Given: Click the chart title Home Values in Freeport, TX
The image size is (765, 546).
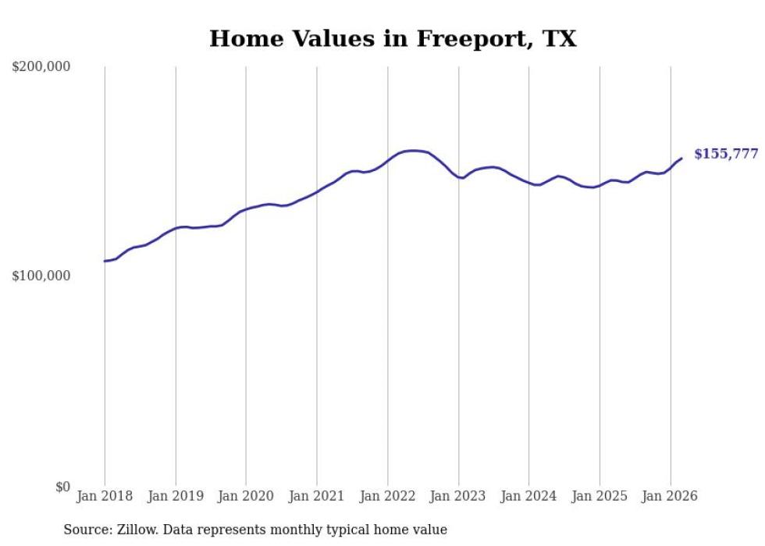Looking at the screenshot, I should click(393, 38).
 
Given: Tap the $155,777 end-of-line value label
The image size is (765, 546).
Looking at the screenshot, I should click(726, 154).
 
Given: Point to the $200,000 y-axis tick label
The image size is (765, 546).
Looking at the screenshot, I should click(41, 67).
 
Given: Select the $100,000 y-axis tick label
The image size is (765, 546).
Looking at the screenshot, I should click(41, 277).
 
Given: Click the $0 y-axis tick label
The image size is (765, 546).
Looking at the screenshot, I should click(62, 487).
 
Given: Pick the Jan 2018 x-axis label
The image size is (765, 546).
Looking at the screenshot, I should click(105, 496).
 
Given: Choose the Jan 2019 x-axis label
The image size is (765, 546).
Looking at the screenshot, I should click(176, 496).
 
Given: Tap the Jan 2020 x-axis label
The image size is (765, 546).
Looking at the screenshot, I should click(246, 496).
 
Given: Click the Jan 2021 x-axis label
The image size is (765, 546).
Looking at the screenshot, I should click(317, 496).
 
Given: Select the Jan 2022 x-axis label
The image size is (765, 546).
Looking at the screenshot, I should click(388, 496).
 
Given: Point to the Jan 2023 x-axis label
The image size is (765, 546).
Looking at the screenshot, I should click(458, 496).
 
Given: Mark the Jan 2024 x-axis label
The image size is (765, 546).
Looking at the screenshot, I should click(529, 496).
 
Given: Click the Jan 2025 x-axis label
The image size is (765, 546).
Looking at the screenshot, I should click(600, 496).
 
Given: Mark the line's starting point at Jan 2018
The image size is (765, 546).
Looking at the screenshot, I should click(105, 261).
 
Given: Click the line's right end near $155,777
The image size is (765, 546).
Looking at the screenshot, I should click(681, 159).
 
